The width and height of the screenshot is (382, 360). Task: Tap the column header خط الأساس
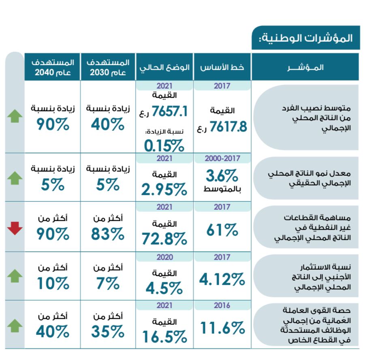[222, 67]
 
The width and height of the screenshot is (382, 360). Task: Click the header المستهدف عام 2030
[108, 67]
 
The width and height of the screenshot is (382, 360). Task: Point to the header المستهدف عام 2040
[53, 67]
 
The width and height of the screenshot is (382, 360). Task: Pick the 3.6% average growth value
[222, 177]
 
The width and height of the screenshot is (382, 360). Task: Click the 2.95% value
[164, 189]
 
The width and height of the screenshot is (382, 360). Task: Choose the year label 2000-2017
[222, 158]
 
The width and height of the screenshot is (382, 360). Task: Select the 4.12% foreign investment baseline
[222, 279]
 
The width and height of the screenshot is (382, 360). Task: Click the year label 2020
[164, 257]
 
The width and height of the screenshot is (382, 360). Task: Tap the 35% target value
[107, 332]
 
